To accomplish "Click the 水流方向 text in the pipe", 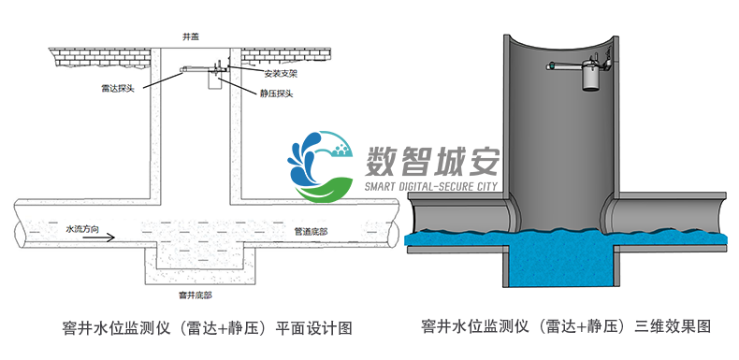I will tap(80, 228).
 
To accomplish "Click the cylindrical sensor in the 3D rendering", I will tap(590, 74).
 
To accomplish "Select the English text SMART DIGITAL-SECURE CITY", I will tap(431, 186).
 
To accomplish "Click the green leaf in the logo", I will tap(323, 191).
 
